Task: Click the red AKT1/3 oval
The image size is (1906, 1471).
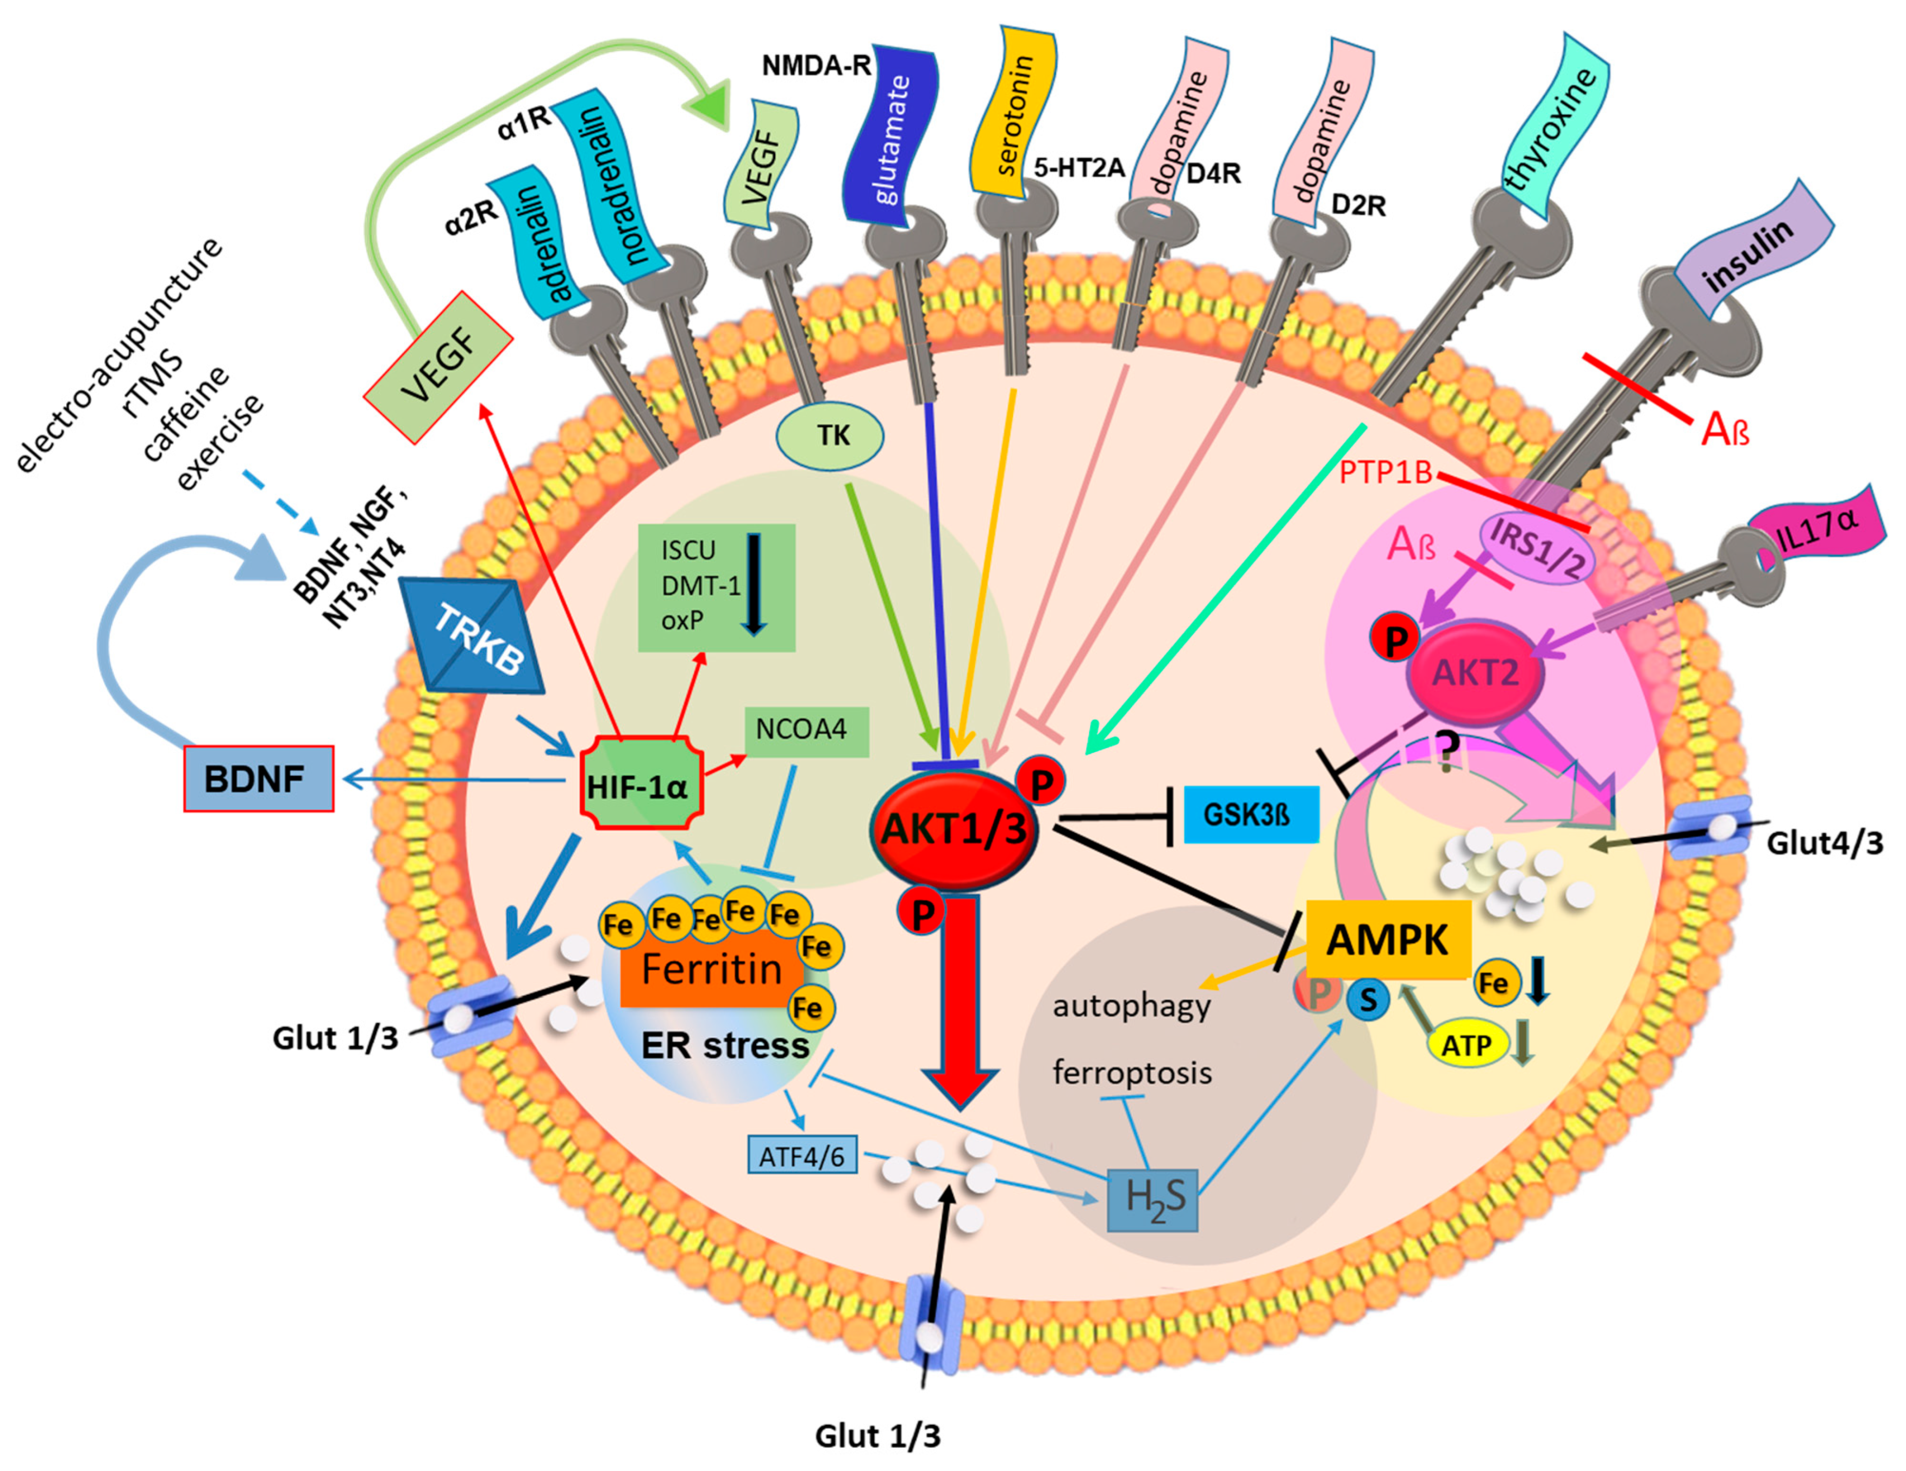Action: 954,828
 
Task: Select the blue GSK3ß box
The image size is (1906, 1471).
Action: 1250,815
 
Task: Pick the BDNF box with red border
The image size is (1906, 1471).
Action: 259,778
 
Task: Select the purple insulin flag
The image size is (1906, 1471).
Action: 1751,253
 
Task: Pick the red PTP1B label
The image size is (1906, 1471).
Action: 1386,472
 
